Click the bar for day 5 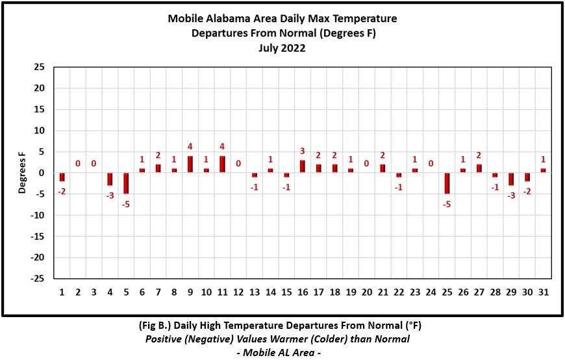point(126,183)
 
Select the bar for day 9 point(190,164)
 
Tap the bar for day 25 point(447,183)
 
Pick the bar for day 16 point(303,166)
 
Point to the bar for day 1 point(62,177)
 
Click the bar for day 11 point(222,164)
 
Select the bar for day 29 point(511,179)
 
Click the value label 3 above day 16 point(303,151)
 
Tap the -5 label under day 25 point(447,203)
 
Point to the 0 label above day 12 point(238,164)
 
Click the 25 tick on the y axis point(39,67)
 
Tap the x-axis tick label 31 point(543,292)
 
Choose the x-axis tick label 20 point(366,292)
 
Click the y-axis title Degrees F point(22,173)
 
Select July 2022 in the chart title point(282,47)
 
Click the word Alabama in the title point(227,19)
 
